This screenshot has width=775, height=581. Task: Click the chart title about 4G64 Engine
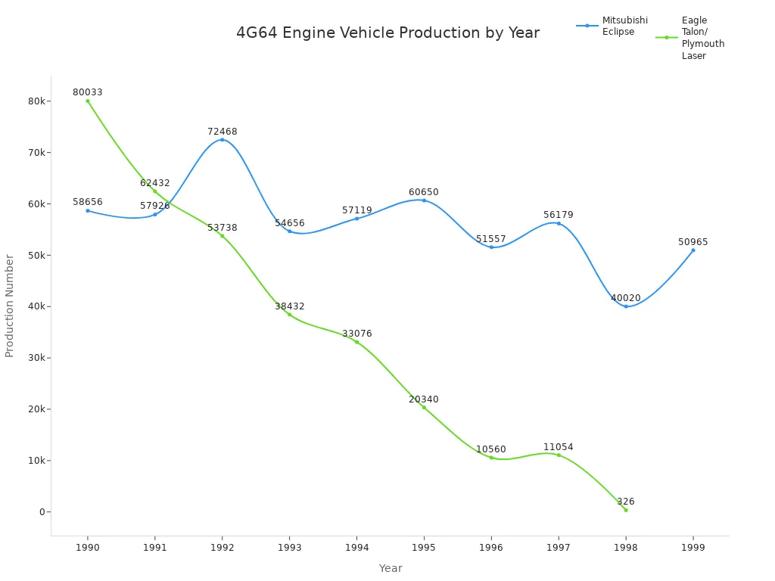point(387,33)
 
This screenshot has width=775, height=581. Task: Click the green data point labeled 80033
point(88,101)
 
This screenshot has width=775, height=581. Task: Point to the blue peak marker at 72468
point(222,139)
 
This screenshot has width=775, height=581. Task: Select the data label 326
point(625,502)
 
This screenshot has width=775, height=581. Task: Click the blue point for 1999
point(693,250)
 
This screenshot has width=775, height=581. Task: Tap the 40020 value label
point(625,298)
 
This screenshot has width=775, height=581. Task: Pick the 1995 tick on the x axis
point(424,547)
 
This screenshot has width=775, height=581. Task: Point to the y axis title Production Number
point(10,306)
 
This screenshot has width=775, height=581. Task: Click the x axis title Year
point(391,568)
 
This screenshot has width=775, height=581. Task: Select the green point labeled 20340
point(424,407)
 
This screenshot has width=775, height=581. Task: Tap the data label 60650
point(424,192)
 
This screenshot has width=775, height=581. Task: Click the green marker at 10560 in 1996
point(491,458)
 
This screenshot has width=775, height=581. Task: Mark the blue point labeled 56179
point(559,223)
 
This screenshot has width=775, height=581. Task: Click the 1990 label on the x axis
point(88,547)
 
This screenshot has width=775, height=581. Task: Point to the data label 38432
point(289,306)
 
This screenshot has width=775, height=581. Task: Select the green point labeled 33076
point(356,342)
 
